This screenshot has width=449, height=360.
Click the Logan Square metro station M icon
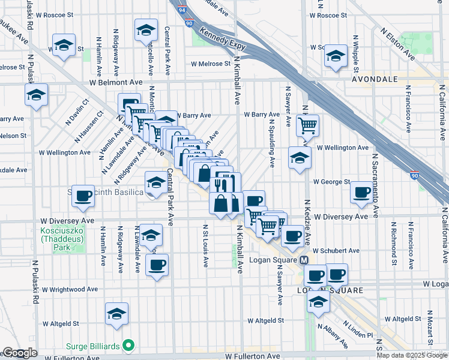304,260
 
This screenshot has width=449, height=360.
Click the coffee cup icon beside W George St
361,192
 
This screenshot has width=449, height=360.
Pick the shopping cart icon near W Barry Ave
307,126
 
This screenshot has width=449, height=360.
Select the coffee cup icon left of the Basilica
82,195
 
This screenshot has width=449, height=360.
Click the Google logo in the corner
19,353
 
